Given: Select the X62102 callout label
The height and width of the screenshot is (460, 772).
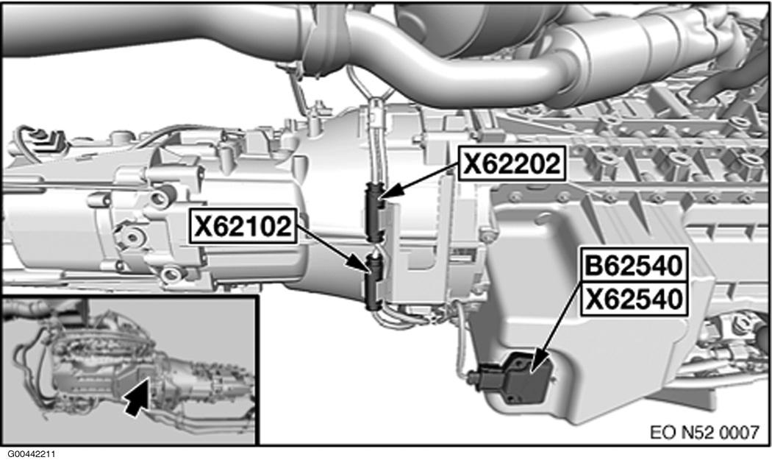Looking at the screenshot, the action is tap(243, 226).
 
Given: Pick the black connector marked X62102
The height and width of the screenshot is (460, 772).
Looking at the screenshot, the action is tap(374, 281).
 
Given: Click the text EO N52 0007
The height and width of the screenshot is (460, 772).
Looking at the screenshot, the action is tap(704, 433).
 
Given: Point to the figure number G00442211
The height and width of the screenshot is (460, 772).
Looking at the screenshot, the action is tap(31, 453).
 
